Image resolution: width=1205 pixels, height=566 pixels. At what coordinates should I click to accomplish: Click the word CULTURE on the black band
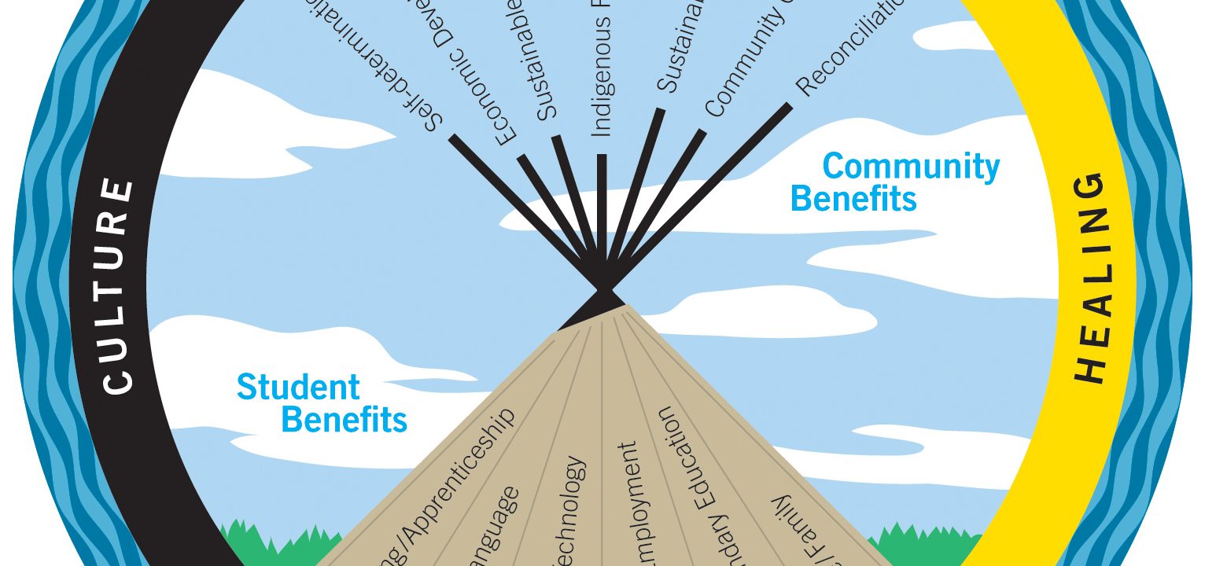[x=118, y=287]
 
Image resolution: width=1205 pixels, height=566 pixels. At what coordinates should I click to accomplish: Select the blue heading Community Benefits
[x=897, y=182]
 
